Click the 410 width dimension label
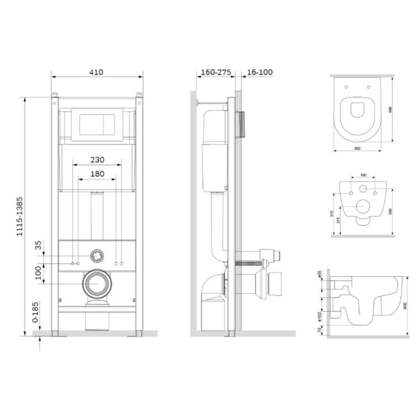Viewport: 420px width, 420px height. [96, 72]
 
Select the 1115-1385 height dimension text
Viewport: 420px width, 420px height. [20, 218]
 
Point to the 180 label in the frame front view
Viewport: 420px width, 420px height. [96, 174]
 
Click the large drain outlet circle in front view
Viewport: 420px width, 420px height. [97, 285]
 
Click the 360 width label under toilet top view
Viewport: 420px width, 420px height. [357, 149]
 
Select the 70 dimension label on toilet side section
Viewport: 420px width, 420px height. [320, 331]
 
